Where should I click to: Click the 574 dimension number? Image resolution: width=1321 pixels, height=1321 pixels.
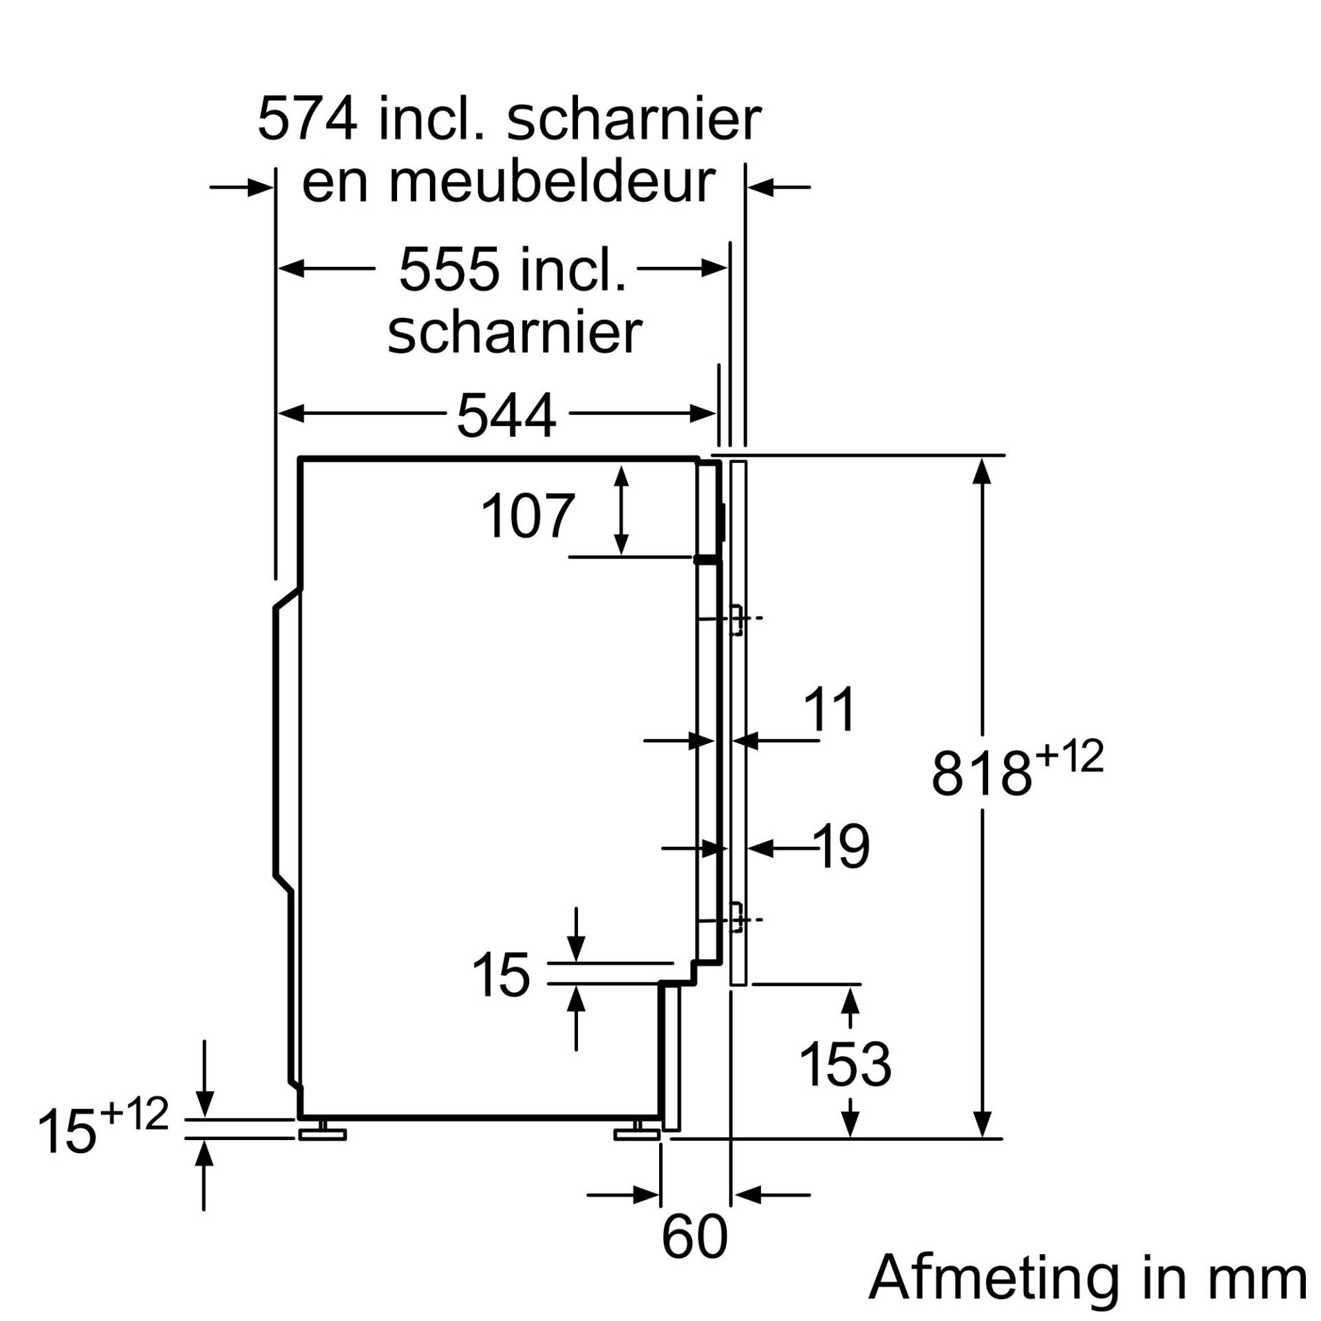(x=308, y=120)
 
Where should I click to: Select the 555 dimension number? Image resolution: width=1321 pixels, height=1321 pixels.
(x=450, y=269)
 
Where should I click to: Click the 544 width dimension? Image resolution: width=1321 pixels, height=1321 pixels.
(x=506, y=416)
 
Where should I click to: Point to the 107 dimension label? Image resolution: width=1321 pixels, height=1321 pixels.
(x=527, y=515)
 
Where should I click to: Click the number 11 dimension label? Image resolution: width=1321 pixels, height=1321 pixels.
(x=831, y=709)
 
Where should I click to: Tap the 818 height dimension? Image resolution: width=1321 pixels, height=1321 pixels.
(x=982, y=775)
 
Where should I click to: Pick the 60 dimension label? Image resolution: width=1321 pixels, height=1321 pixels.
(x=694, y=1236)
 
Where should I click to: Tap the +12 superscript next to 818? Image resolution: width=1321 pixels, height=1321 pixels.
(x=1069, y=756)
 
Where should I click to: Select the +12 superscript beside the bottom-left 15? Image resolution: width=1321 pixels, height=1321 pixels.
(x=133, y=1114)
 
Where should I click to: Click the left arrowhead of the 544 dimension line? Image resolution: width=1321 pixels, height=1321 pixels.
(x=291, y=414)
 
